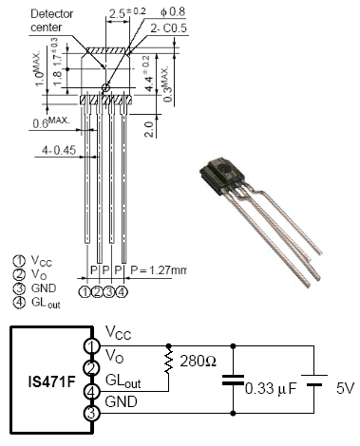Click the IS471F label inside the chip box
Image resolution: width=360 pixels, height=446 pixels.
(x=52, y=381)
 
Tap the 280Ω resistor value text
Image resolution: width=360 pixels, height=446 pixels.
(x=199, y=361)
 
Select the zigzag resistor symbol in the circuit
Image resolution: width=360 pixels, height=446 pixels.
(x=169, y=361)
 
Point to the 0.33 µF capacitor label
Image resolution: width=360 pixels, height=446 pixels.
(x=271, y=389)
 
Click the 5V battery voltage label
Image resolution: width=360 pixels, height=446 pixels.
(x=345, y=388)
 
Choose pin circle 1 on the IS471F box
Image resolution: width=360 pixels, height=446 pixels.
(x=91, y=346)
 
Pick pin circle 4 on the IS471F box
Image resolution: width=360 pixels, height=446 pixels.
(x=91, y=392)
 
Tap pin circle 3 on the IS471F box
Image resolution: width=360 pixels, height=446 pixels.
(x=91, y=413)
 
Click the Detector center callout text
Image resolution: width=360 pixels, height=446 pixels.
(x=52, y=20)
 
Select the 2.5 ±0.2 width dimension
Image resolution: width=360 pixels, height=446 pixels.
(x=127, y=12)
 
